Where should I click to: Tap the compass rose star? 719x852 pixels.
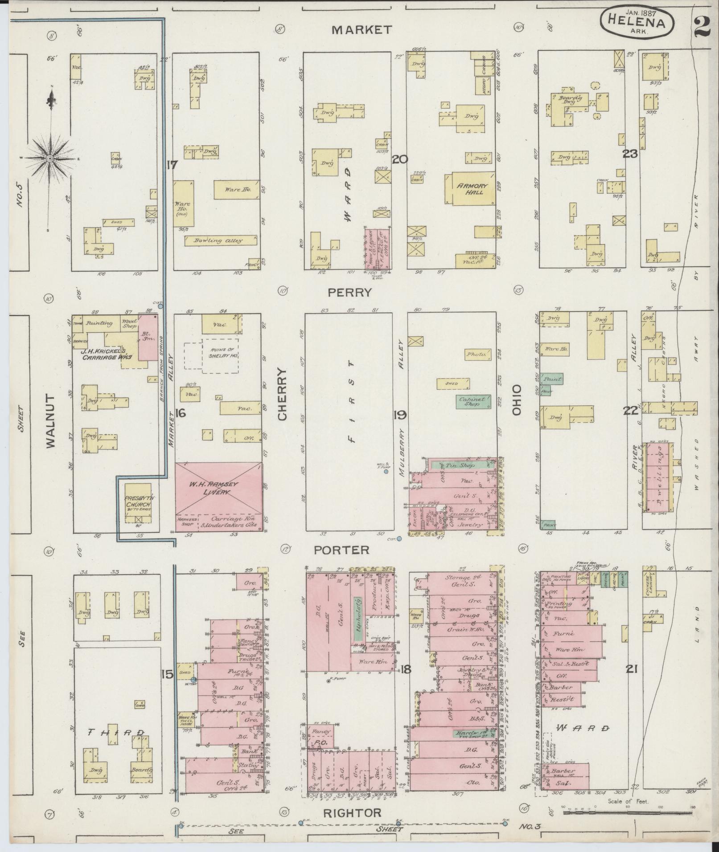(x=50, y=159)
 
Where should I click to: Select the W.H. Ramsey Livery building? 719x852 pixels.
(x=218, y=488)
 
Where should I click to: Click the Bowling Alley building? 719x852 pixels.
(x=221, y=241)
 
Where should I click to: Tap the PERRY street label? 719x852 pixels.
(x=349, y=293)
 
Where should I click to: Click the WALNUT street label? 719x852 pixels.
(x=50, y=420)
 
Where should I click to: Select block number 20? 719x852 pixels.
(x=400, y=159)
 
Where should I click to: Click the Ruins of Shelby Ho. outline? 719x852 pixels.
(x=220, y=356)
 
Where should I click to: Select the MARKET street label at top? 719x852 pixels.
(x=362, y=30)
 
